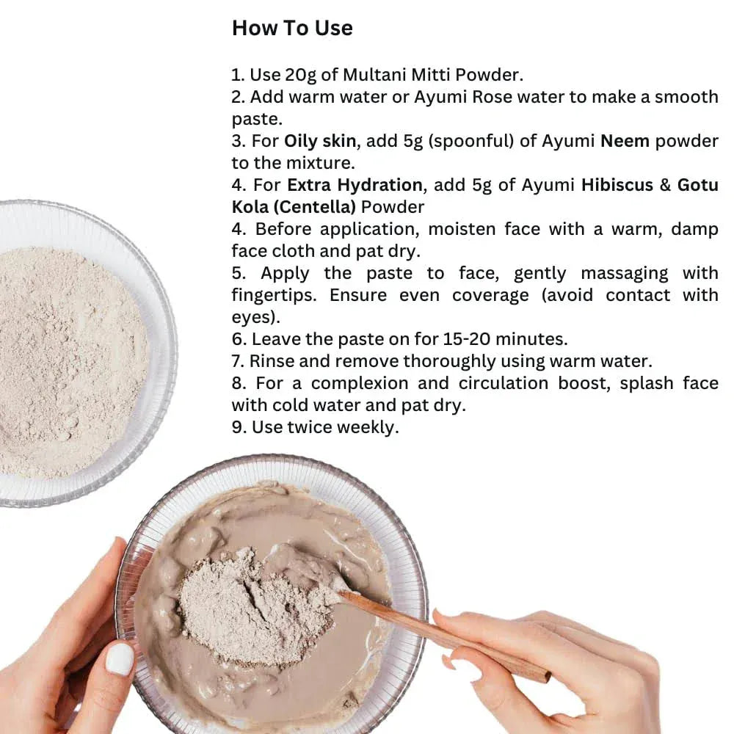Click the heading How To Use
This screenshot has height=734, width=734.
click(x=292, y=28)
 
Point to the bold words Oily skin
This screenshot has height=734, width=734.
click(x=320, y=141)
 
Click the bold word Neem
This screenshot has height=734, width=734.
click(x=625, y=141)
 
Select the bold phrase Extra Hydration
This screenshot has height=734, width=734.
click(x=355, y=185)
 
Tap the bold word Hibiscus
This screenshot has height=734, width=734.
click(x=617, y=185)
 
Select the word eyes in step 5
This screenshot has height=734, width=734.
click(x=250, y=317)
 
